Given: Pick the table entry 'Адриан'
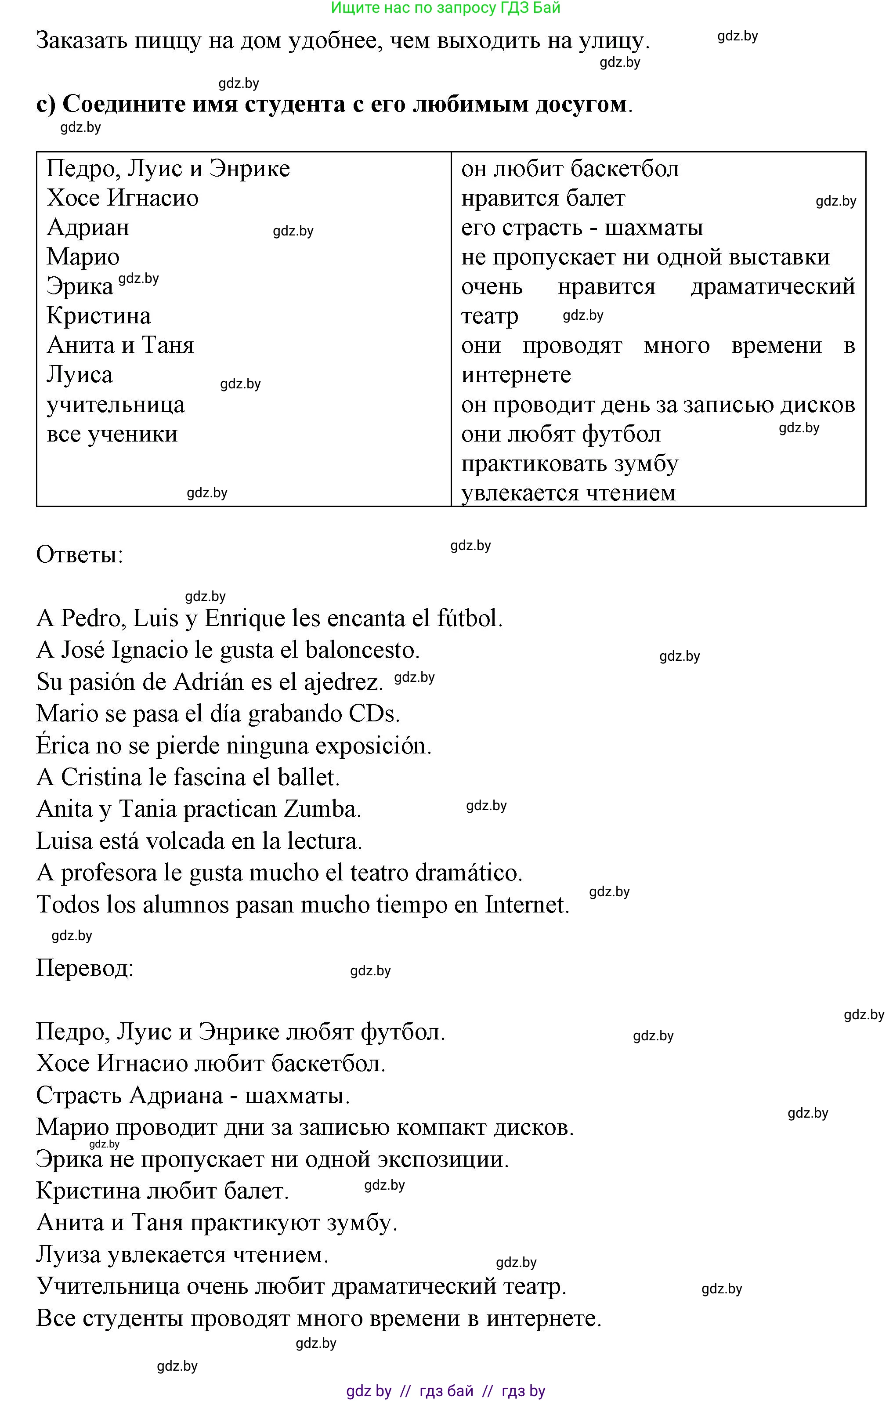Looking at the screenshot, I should pyautogui.click(x=88, y=228).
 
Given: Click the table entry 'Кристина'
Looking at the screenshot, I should pyautogui.click(x=99, y=316).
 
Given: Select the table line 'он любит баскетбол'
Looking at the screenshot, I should pyautogui.click(x=570, y=169).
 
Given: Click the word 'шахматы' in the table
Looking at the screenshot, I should pyautogui.click(x=654, y=228).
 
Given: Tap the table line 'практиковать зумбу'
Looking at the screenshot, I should pyautogui.click(x=570, y=463).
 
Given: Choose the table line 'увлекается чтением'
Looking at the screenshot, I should pyautogui.click(x=568, y=493).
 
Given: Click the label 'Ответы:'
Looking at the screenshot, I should pyautogui.click(x=80, y=554).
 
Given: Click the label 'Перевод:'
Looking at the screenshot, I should pyautogui.click(x=85, y=968).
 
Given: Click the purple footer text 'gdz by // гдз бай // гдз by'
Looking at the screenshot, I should pyautogui.click(x=446, y=1390).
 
